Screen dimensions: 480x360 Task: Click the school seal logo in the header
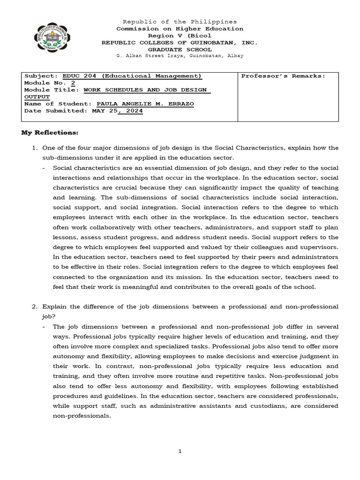pyautogui.click(x=53, y=39)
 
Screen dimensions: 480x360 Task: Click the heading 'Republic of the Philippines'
pyautogui.click(x=180, y=22)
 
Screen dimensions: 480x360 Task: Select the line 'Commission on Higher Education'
pyautogui.click(x=180, y=29)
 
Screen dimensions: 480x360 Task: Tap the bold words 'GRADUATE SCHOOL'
pyautogui.click(x=180, y=49)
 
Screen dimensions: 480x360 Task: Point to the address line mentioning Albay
pyautogui.click(x=180, y=56)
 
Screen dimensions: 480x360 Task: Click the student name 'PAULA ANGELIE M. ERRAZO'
pyautogui.click(x=144, y=104)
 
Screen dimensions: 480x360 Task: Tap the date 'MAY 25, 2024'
pyautogui.click(x=117, y=111)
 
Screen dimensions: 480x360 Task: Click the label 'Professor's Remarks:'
pyautogui.click(x=283, y=76)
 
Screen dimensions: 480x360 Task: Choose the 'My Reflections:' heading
pyautogui.click(x=49, y=133)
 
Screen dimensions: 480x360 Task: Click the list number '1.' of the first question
pyautogui.click(x=35, y=148)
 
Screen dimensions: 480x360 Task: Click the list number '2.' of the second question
pyautogui.click(x=35, y=307)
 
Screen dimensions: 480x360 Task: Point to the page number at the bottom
pyautogui.click(x=180, y=451)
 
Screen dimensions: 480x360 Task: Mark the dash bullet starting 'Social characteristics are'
pyautogui.click(x=44, y=168)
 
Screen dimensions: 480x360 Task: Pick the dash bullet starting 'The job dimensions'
pyautogui.click(x=44, y=326)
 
